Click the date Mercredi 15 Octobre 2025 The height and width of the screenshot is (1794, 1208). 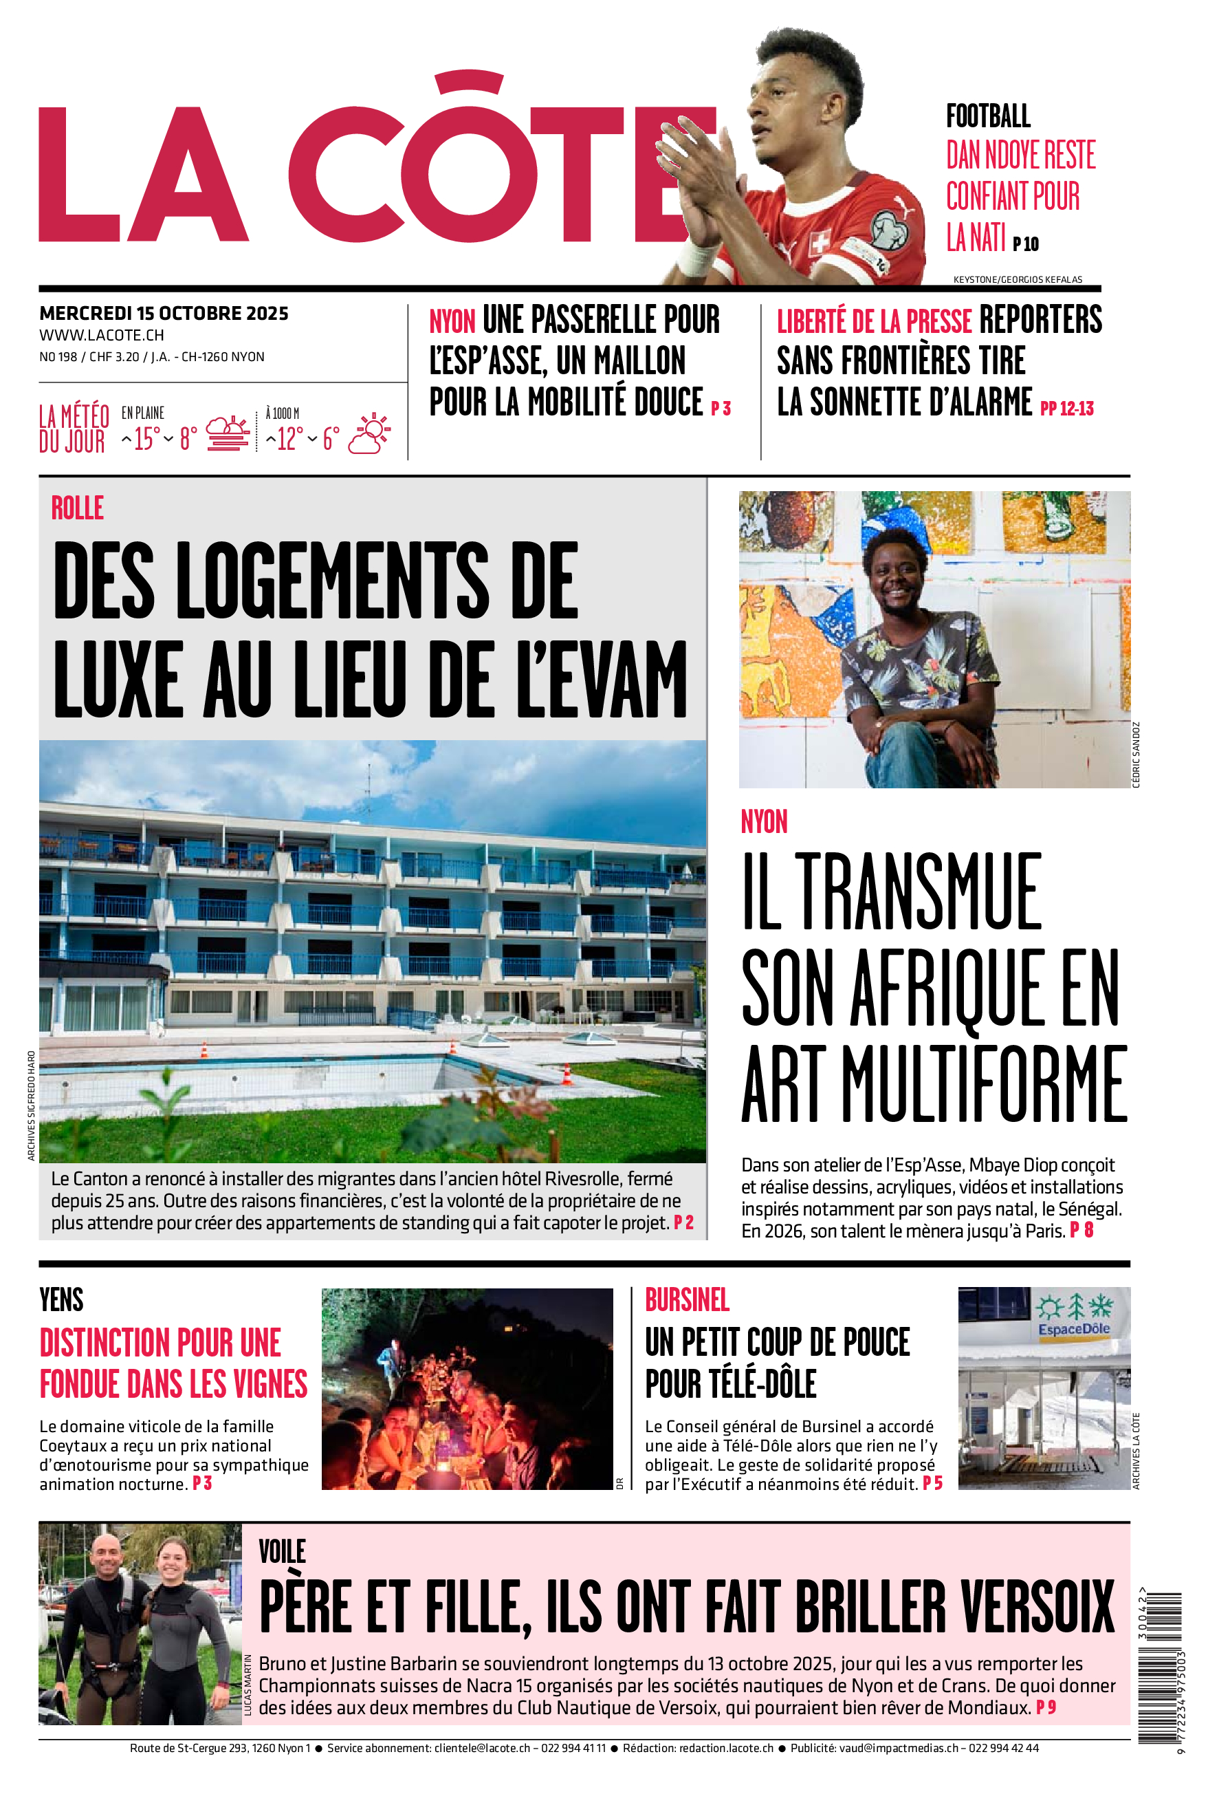(x=164, y=314)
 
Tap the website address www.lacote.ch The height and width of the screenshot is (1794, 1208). (x=102, y=335)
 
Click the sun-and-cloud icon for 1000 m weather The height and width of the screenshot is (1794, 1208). (x=370, y=433)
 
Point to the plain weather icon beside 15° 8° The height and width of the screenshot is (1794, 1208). (x=228, y=434)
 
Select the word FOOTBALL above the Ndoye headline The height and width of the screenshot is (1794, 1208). (x=988, y=117)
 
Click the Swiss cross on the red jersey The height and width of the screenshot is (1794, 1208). (x=820, y=244)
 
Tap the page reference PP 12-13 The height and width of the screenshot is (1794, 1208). (x=1066, y=409)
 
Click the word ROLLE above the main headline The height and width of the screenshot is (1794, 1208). (x=77, y=508)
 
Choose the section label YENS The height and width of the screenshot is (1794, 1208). (x=62, y=1300)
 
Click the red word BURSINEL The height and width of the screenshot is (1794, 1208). (x=686, y=1300)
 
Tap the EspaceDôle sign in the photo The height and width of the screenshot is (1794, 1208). (x=1073, y=1328)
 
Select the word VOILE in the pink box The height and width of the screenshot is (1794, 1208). (x=282, y=1551)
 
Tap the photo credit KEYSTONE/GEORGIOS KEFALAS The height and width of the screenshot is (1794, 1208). (x=1017, y=280)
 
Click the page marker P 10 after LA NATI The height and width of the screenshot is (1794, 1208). (x=1025, y=244)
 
